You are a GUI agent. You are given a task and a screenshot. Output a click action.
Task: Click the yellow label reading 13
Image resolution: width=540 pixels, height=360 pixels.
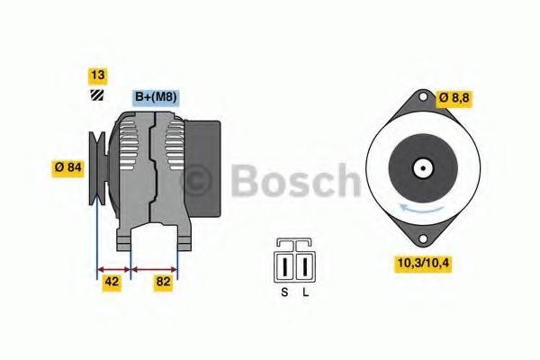pos(98,76)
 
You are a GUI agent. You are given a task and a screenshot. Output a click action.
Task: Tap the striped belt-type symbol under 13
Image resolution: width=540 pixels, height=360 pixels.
pos(97,95)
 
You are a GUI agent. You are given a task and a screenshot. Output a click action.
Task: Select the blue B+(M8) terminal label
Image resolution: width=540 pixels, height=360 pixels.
pos(156,98)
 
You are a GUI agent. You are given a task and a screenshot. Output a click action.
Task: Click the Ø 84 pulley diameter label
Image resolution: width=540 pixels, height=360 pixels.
pos(68,168)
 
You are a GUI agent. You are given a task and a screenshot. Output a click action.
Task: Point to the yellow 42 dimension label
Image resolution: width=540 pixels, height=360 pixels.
pos(112,282)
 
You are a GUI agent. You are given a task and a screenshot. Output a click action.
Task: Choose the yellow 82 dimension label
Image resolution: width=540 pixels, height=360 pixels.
pos(163,282)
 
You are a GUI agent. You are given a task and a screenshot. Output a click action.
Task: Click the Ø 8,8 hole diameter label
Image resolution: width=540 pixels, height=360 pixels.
pos(454,98)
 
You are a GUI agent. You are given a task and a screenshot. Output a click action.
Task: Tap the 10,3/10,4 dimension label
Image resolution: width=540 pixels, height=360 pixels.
pos(423,264)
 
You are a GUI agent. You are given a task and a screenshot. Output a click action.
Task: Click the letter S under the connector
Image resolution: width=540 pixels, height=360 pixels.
pos(284,292)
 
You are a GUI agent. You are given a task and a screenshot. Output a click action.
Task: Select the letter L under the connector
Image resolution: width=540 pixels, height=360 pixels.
pos(306,292)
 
